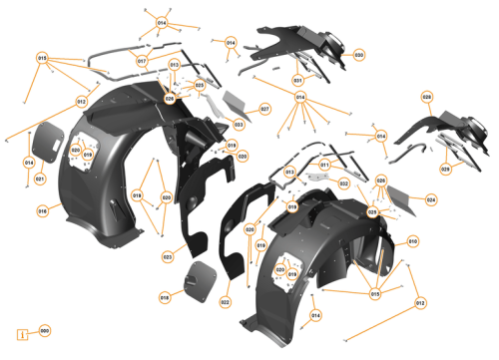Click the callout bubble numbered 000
point(45,330)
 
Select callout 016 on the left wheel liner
point(43,211)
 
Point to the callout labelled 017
point(142,61)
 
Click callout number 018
point(165,297)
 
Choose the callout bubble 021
point(40,179)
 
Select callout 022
point(226,302)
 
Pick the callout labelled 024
point(431,199)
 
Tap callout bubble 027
point(265,108)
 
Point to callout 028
point(427,97)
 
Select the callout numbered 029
point(445,170)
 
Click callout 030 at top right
point(358,54)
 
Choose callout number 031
point(297,79)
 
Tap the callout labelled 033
point(240,125)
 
